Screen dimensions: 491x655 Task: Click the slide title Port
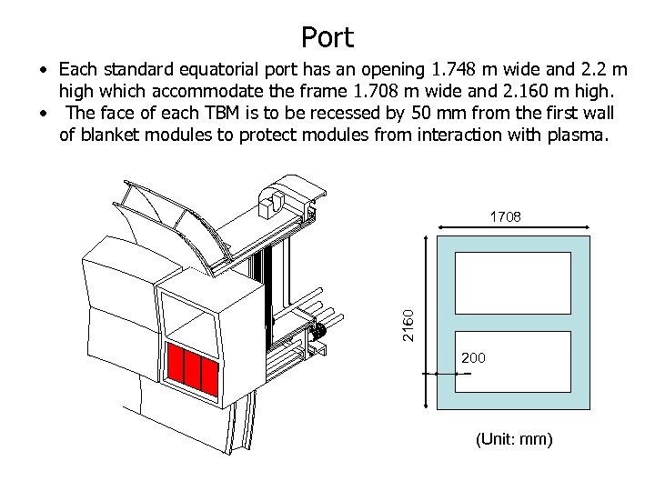327,37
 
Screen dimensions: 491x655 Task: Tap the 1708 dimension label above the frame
506,217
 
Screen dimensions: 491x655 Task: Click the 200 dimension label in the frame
473,358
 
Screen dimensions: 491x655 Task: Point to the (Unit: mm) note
513,440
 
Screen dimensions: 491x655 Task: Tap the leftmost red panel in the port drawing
176,366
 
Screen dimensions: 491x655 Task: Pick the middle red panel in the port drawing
193,371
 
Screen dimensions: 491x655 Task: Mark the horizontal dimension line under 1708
514,227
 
